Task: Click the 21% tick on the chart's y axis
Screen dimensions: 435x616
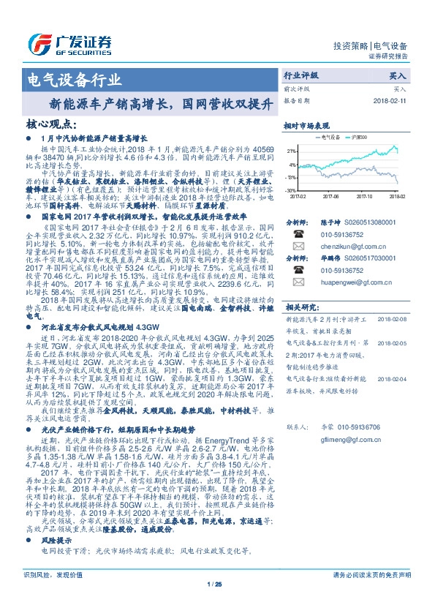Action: (x=291, y=151)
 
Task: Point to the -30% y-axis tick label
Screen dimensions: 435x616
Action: (x=290, y=189)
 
